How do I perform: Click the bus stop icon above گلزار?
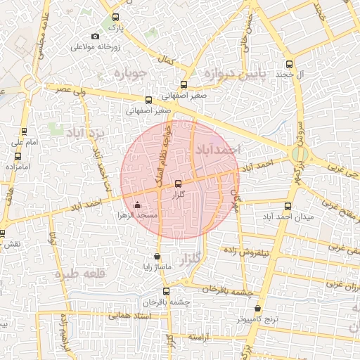pyautogui.click(x=177, y=183)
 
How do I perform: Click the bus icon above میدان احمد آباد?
pyautogui.click(x=288, y=207)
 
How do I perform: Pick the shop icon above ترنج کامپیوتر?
pyautogui.click(x=258, y=309)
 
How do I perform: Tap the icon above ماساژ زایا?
pyautogui.click(x=156, y=256)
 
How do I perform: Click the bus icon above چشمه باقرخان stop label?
pyautogui.click(x=166, y=291)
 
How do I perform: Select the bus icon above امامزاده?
pyautogui.click(x=17, y=155)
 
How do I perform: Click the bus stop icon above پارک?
pyautogui.click(x=116, y=18)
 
